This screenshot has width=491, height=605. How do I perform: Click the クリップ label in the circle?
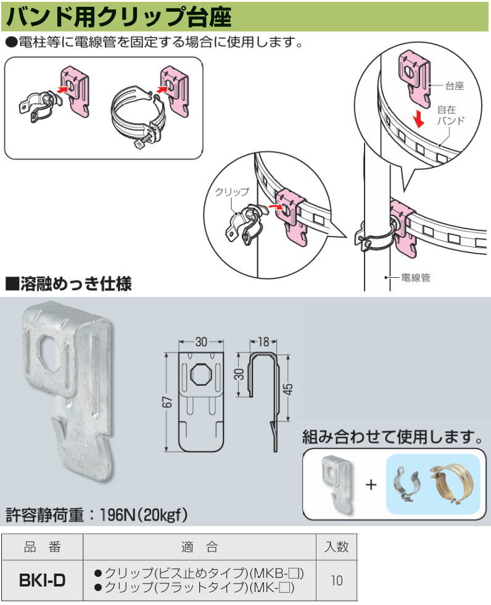point(231,192)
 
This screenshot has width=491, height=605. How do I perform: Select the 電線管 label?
point(415,278)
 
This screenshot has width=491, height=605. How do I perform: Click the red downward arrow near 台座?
point(419,118)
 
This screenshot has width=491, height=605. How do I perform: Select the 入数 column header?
point(337,546)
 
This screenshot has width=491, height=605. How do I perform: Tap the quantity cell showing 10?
point(337,580)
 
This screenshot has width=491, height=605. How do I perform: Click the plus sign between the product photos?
point(371,484)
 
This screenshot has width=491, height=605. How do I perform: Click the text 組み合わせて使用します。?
point(392,438)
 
